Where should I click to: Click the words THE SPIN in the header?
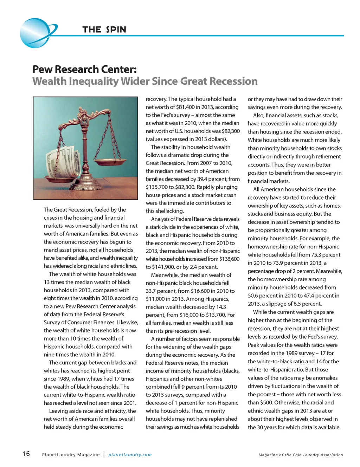click(x=104, y=30)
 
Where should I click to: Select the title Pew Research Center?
click(x=84, y=69)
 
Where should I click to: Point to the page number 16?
click(x=26, y=454)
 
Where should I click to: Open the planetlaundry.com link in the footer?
click(x=130, y=454)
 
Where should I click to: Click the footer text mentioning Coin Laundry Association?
click(x=301, y=455)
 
